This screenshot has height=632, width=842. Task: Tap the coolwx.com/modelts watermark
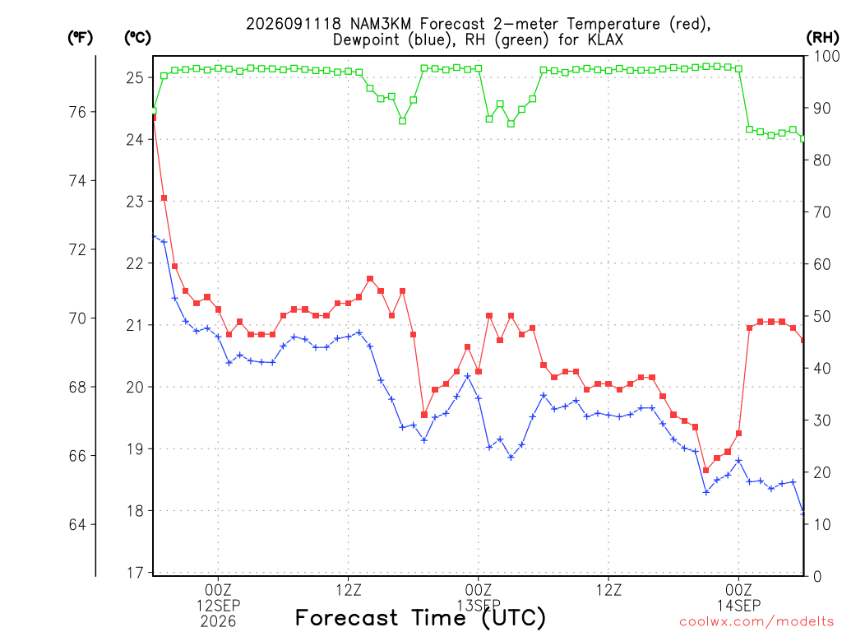point(756,622)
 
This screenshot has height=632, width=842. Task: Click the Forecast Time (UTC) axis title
point(420,618)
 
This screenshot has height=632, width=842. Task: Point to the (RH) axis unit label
point(822,38)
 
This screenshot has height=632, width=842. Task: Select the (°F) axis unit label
point(80,38)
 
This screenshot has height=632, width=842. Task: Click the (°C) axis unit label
point(137,38)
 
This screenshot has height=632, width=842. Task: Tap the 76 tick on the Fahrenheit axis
point(77,112)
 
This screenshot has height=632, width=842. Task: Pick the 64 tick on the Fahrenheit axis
point(77,524)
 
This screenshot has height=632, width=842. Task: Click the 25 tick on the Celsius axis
point(135,78)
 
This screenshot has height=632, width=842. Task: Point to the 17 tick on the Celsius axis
point(135,573)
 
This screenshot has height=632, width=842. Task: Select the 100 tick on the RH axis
point(827,56)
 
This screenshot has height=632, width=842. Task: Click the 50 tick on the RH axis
point(822,316)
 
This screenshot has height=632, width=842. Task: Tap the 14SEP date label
point(739,606)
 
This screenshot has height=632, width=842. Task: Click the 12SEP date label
point(218,606)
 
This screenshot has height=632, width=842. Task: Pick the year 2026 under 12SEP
point(218,622)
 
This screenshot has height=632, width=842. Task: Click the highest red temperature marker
point(154,117)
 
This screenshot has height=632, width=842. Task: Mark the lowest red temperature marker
point(706,470)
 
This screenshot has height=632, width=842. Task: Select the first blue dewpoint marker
point(154,236)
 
